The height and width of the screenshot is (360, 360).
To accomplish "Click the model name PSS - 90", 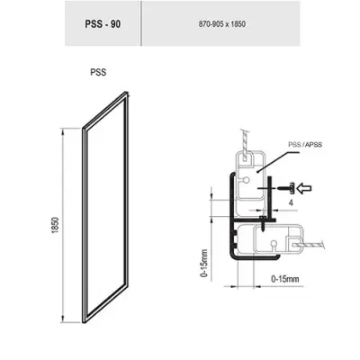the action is click(103, 24).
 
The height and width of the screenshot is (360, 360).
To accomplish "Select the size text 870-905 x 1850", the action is click(221, 24).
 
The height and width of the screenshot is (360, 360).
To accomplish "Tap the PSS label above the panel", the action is click(98, 73).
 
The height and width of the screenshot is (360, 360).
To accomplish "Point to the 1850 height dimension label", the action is click(56, 225).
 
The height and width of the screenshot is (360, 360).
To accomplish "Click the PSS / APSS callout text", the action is click(305, 145).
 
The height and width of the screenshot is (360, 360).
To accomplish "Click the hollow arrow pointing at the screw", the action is click(303, 188).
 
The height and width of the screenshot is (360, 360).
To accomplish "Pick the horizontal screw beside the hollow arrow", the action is click(286, 189).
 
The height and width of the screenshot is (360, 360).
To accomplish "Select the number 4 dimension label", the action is click(291, 202).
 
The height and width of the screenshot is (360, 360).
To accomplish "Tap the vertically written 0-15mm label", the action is click(204, 263).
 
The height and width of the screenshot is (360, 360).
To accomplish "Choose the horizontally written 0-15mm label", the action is click(285, 279).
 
